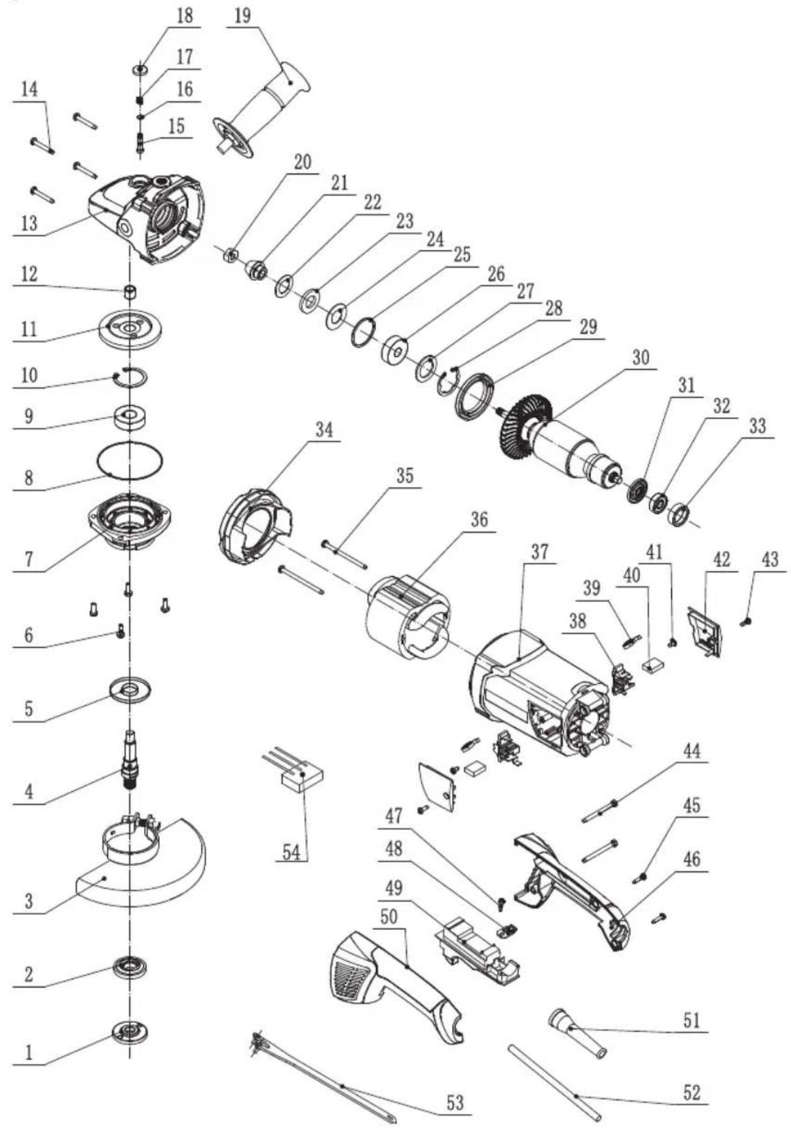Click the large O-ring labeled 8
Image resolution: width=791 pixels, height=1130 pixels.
click(130, 460)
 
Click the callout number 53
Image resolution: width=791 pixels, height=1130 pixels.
click(454, 1102)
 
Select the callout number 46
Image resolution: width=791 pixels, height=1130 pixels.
click(691, 860)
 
